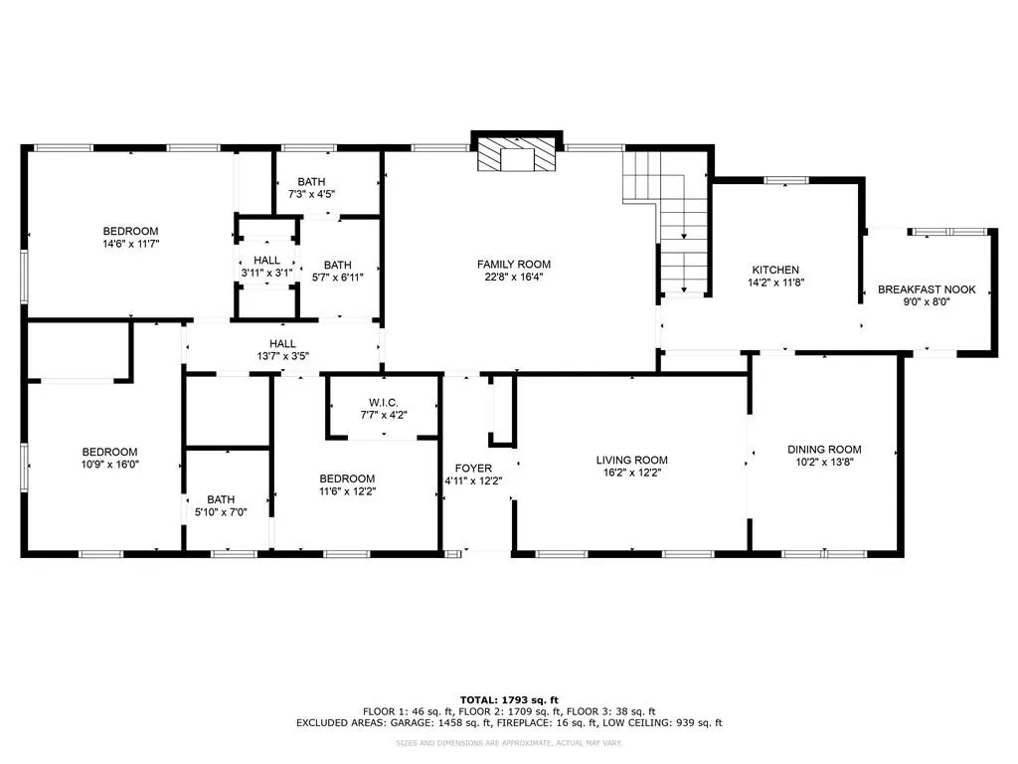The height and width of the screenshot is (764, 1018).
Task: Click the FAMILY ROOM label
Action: (x=513, y=264)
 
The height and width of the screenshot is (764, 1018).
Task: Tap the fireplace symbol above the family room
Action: (x=516, y=155)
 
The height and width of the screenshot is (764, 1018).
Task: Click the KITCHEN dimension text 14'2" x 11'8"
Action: (x=775, y=283)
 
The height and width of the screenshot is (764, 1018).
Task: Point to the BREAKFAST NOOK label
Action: (x=927, y=289)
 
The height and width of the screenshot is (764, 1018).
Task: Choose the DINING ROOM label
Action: (x=824, y=449)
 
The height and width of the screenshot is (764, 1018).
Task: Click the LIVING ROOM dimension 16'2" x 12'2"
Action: (x=631, y=473)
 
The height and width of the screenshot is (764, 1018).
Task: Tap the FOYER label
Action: (x=473, y=468)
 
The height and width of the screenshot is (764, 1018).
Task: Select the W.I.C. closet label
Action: (x=382, y=402)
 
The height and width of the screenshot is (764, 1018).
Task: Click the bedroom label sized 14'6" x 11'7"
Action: (x=130, y=231)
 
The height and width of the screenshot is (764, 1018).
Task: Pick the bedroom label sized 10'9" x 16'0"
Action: (x=109, y=451)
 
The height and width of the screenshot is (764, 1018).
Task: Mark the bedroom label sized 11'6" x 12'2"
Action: (x=347, y=477)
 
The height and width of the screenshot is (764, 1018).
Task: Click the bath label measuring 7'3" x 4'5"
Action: (x=311, y=181)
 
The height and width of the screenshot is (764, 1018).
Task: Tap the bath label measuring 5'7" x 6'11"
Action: (x=338, y=265)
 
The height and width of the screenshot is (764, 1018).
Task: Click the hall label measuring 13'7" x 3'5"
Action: (x=282, y=344)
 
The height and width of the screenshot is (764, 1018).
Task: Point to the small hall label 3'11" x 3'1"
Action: (x=266, y=260)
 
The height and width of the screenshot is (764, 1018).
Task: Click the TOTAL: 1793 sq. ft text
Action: (x=508, y=699)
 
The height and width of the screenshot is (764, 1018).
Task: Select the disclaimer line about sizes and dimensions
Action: (x=508, y=743)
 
